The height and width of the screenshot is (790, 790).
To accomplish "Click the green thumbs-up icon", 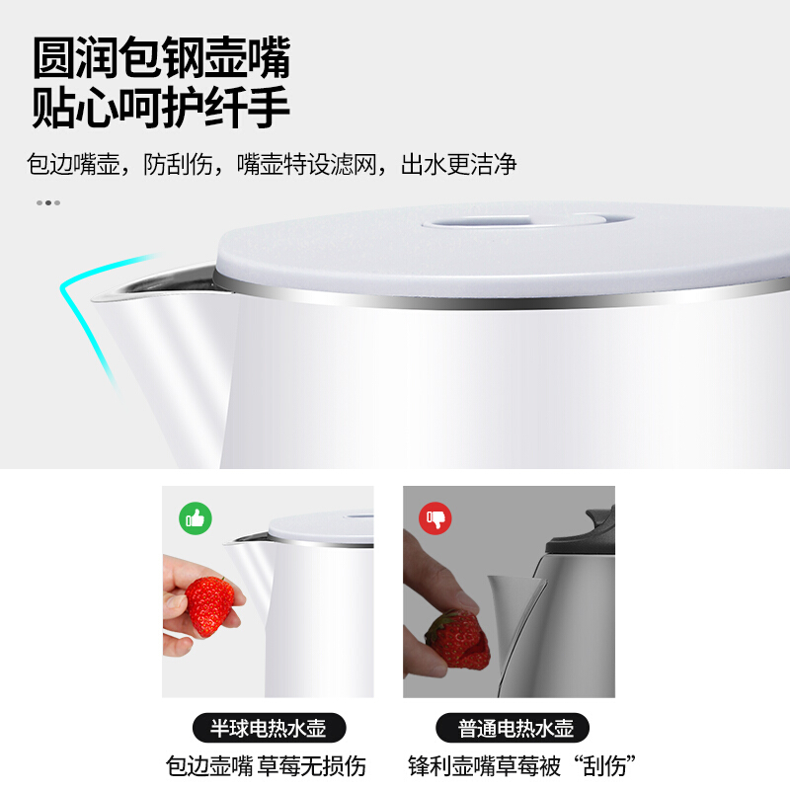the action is [x=196, y=518].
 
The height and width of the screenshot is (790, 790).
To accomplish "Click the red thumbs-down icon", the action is [x=435, y=518].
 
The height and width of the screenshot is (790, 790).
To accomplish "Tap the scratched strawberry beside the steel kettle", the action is [x=458, y=641].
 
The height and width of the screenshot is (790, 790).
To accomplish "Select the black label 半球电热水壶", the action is [x=269, y=728].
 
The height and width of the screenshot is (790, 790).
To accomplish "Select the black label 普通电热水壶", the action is [x=513, y=728].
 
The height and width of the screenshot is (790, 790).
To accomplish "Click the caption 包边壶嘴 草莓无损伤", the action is [x=266, y=766].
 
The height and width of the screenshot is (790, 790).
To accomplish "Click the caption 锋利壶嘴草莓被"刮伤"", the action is [x=522, y=766].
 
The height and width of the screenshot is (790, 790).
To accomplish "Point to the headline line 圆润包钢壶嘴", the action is [x=161, y=57].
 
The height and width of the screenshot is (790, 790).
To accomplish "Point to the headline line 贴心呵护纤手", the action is [x=161, y=107].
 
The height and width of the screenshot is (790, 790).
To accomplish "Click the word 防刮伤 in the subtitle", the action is [x=178, y=164].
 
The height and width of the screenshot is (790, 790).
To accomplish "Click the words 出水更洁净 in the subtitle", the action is [x=458, y=164].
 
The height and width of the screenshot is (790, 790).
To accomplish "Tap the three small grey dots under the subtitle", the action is [x=48, y=203].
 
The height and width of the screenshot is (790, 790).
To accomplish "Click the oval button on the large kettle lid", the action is [x=527, y=220].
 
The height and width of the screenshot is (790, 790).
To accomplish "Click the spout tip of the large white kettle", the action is [x=94, y=301].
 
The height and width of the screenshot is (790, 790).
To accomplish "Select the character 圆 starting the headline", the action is [x=53, y=57].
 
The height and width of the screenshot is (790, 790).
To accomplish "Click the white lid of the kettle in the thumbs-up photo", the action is [x=322, y=528].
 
